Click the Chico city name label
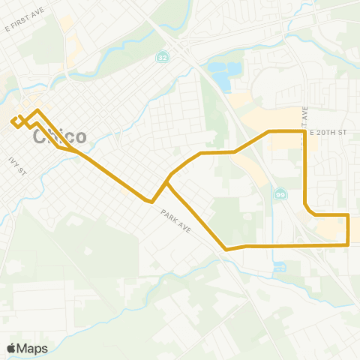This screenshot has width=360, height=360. (60, 137)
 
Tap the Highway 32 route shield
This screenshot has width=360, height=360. (163, 58)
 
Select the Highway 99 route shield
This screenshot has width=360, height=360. (279, 194)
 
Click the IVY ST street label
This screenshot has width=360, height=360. (18, 166)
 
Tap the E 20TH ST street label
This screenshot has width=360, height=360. (330, 132)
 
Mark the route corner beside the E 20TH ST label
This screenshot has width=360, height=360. (304, 131)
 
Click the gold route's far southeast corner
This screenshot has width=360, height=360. (349, 244)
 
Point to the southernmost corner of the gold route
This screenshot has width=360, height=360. (226, 249)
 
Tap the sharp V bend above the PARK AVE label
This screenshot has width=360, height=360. (152, 202)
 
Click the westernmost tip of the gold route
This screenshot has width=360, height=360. (12, 121)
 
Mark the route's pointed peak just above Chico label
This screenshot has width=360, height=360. (37, 110)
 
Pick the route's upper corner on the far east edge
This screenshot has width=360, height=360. (349, 215)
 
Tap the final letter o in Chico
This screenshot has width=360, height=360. (79, 138)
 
